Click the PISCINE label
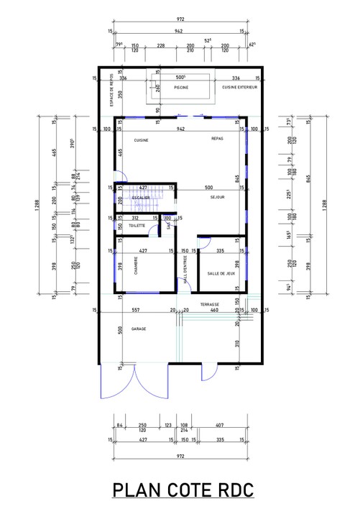(x=181, y=87)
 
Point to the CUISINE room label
(x=141, y=140)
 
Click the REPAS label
(x=218, y=138)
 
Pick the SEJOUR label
(x=218, y=196)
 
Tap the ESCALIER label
(x=141, y=197)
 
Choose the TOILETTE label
(x=137, y=226)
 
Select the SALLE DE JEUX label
(x=221, y=273)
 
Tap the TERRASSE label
(x=210, y=304)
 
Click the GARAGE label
(x=139, y=329)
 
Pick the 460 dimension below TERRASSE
(x=213, y=310)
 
